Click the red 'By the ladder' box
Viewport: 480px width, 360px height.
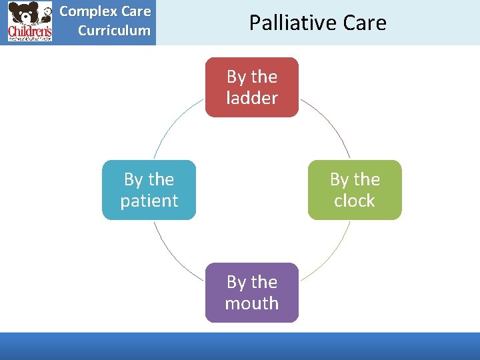(251, 87)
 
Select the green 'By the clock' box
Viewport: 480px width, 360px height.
(354, 190)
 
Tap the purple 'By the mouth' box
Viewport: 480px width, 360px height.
(251, 293)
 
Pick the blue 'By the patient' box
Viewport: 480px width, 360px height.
(149, 190)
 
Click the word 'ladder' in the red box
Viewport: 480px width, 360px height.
(251, 98)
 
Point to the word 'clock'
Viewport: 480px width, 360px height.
(354, 201)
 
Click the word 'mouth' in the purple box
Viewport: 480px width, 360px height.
(251, 303)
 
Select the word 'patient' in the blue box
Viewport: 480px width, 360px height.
(149, 201)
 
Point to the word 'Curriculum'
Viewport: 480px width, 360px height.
(114, 30)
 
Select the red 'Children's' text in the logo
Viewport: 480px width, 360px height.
(29, 31)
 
